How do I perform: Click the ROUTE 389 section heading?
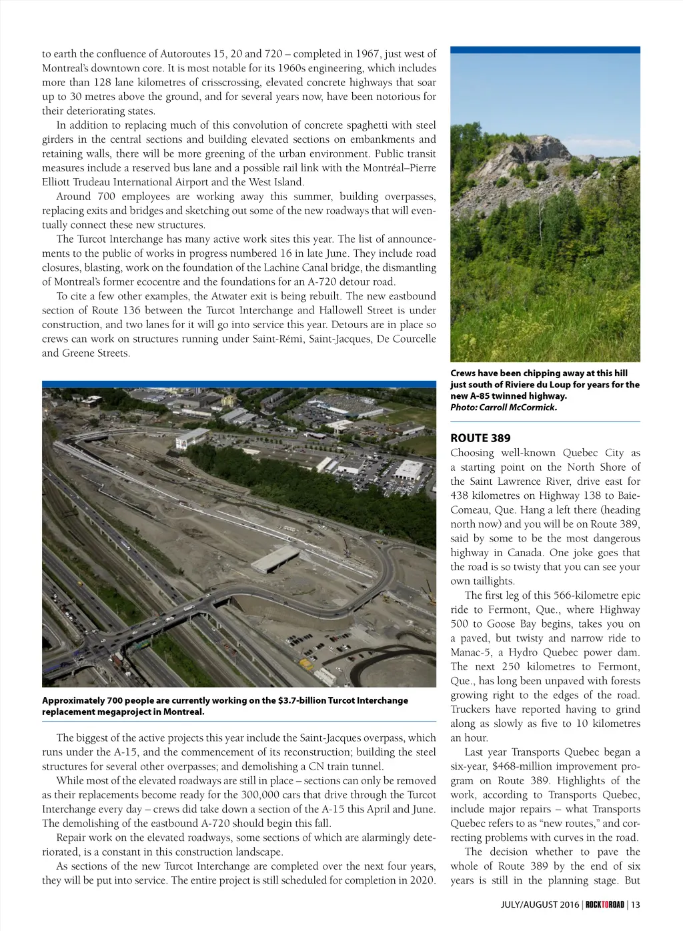pyautogui.click(x=480, y=438)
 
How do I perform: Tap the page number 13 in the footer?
pyautogui.click(x=636, y=904)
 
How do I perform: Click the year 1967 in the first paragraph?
pyautogui.click(x=368, y=54)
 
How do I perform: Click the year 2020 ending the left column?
pyautogui.click(x=423, y=880)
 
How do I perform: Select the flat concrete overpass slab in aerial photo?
pyautogui.click(x=275, y=560)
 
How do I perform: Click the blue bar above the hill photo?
pyautogui.click(x=545, y=50)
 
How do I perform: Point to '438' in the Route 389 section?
pyautogui.click(x=460, y=496)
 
